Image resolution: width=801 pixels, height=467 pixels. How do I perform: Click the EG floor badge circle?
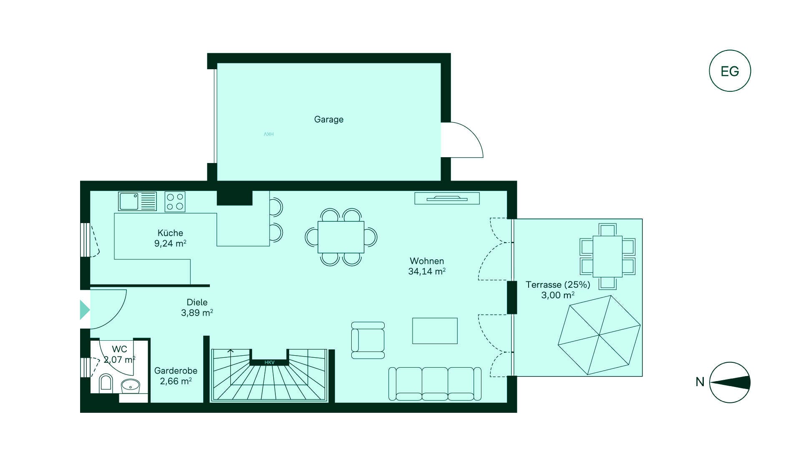pos(730,71)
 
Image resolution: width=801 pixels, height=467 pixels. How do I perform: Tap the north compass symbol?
pos(730,382)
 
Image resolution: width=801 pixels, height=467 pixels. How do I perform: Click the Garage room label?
pos(329,119)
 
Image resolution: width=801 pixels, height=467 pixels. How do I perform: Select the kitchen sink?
pos(137,201)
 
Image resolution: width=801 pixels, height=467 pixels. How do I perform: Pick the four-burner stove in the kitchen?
pos(175,202)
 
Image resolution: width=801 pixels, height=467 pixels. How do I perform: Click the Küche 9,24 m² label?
pos(170,238)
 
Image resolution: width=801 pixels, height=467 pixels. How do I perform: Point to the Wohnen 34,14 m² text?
pos(427,266)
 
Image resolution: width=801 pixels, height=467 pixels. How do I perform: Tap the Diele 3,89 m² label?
pos(197,307)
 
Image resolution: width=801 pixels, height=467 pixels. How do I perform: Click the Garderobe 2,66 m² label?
pos(176,376)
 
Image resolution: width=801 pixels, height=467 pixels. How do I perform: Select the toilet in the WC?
pos(106,383)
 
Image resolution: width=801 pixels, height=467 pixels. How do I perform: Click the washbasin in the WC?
pos(131,386)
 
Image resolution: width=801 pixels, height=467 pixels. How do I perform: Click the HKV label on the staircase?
pos(270,363)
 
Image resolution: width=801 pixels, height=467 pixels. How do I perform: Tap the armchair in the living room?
pos(368,340)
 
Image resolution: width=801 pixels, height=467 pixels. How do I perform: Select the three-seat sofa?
pos(435,384)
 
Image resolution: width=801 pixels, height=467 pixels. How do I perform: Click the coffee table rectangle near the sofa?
pos(435,331)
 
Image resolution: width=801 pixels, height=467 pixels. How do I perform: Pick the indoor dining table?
pos(341,237)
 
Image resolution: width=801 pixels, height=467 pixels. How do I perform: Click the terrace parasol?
pos(599,335)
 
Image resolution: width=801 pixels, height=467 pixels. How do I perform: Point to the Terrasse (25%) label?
pos(558,290)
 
